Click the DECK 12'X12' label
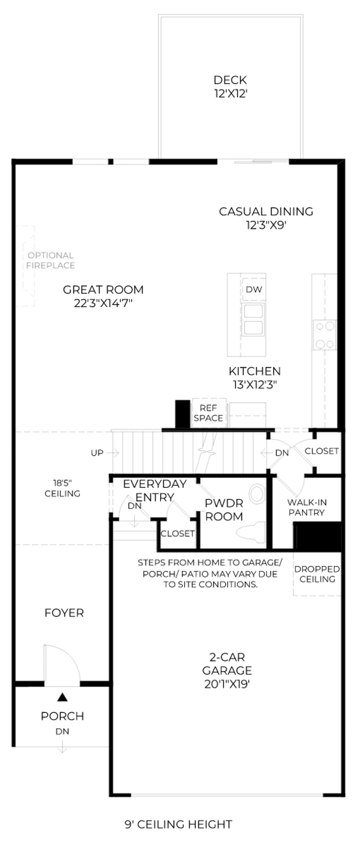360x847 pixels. point(230,87)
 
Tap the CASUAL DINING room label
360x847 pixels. point(266,212)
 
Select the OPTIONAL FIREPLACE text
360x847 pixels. point(50,260)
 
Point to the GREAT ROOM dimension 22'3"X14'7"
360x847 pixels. point(103,303)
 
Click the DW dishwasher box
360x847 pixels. point(254,289)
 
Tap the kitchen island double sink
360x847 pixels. point(253,320)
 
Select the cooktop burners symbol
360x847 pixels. point(325,335)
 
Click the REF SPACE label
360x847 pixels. point(208,413)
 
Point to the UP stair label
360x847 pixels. point(97,453)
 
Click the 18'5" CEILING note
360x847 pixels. point(62,488)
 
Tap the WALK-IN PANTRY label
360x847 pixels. point(307,507)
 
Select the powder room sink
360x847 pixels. point(257,494)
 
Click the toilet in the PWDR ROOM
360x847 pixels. point(251,533)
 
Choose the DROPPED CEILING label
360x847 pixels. point(317,574)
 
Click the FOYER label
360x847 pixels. point(64,613)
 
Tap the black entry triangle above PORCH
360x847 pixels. point(63,698)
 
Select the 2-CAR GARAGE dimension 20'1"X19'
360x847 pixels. point(227,684)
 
